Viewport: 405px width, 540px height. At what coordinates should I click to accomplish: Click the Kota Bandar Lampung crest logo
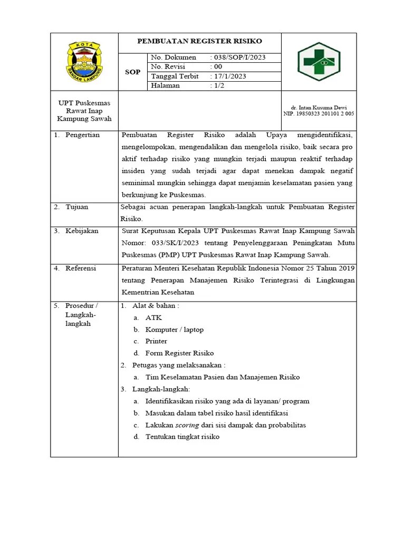click(84, 61)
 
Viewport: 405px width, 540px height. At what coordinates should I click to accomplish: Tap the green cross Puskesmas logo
click(319, 62)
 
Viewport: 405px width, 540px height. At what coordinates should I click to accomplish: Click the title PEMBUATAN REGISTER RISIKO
click(199, 41)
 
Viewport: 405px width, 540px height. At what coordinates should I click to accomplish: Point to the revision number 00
click(218, 67)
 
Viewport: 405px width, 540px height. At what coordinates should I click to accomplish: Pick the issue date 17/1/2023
click(230, 76)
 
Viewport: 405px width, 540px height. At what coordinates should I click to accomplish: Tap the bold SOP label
click(132, 72)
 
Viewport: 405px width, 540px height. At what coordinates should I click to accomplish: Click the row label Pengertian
click(82, 135)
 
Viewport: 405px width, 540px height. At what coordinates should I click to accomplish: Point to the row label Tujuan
click(77, 207)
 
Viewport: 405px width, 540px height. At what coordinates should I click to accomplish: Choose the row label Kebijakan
click(82, 231)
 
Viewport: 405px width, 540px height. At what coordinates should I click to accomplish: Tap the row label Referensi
click(81, 268)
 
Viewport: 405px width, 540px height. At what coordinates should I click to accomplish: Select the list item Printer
click(156, 341)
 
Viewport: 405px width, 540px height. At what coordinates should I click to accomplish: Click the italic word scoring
click(187, 425)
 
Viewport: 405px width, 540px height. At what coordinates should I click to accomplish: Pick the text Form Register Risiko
click(179, 353)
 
